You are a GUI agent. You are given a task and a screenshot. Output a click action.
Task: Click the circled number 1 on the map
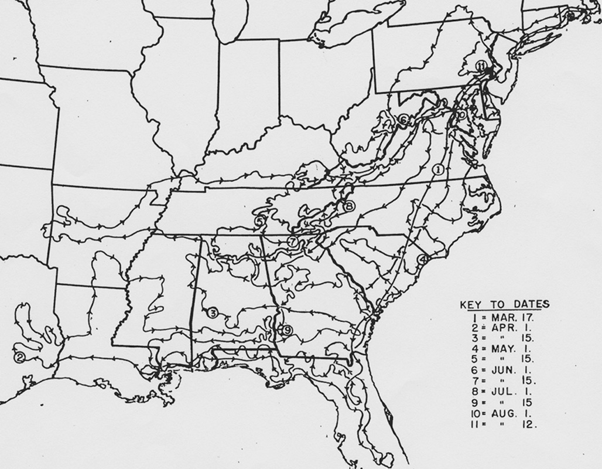[x=437, y=169]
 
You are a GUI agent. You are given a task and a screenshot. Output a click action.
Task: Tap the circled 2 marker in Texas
[x=19, y=357]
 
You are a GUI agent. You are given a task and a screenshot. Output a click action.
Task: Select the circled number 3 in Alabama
[x=213, y=312]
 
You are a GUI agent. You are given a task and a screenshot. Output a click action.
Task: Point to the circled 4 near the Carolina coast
[x=423, y=259]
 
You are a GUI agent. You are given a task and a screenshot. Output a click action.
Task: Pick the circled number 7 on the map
[x=293, y=242]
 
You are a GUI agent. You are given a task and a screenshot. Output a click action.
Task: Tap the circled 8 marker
[x=349, y=206]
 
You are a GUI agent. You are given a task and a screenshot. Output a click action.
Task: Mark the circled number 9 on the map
[x=287, y=330]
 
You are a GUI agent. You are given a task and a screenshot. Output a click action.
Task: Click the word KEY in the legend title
[x=472, y=304]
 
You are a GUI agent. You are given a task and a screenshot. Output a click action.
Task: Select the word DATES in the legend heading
[x=531, y=304]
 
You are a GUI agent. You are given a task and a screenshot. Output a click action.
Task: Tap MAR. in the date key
[x=495, y=317]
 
